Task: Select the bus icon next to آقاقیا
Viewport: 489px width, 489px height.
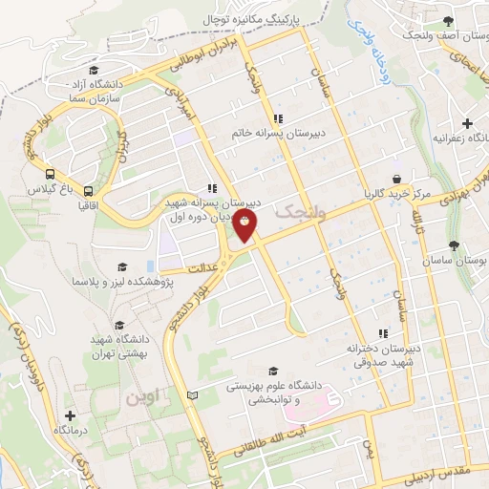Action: pos(87,190)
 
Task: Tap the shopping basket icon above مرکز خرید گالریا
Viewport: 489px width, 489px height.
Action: pos(395,179)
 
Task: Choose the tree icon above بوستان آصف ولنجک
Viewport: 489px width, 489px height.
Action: pos(447,22)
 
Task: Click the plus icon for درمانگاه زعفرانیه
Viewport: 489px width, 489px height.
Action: pos(467,123)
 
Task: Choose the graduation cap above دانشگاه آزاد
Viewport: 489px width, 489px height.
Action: pos(92,70)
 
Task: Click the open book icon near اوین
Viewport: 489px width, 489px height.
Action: pos(193,394)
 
